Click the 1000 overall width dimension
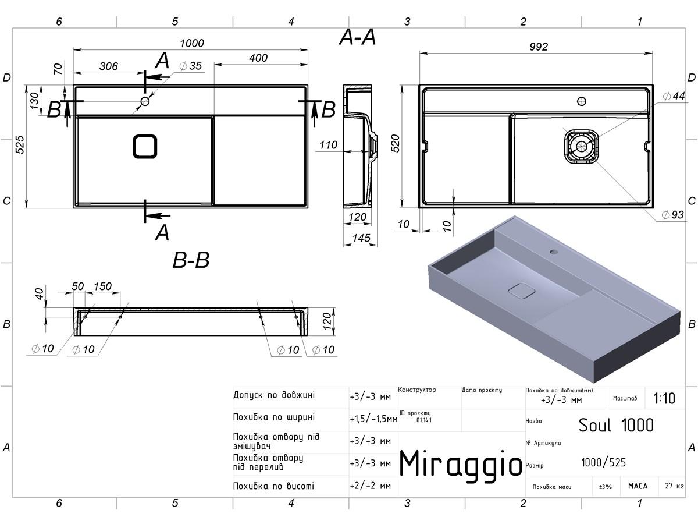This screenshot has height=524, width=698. click(x=192, y=43)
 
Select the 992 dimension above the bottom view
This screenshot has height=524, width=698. click(x=539, y=47)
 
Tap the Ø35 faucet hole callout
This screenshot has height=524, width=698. click(x=190, y=66)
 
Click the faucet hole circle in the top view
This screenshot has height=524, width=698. click(x=145, y=101)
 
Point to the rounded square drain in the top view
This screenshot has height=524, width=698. click(x=145, y=146)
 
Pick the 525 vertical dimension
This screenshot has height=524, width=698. click(x=20, y=145)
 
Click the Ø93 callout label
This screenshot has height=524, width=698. click(x=672, y=215)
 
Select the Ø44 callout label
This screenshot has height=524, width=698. click(x=674, y=95)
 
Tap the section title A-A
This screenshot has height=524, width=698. click(x=357, y=37)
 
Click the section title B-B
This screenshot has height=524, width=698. click(x=191, y=260)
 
